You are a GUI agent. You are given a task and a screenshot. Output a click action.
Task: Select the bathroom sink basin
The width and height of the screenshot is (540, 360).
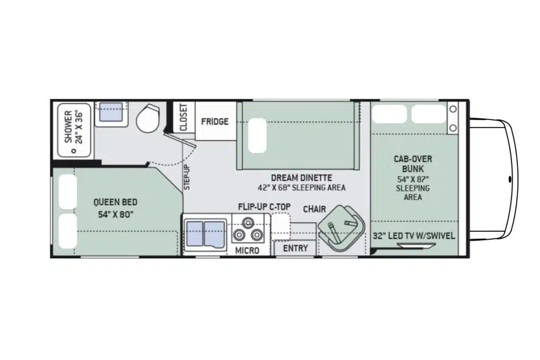pos(111,112)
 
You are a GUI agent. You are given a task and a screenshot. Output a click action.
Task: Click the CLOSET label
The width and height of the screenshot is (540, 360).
pos(184,118)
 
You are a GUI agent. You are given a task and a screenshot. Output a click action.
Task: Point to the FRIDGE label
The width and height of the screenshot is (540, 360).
pos(215,121)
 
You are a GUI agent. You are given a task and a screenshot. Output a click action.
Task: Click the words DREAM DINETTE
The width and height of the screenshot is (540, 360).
pos(301,178)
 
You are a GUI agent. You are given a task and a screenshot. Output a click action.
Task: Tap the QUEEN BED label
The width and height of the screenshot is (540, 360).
pos(115,202)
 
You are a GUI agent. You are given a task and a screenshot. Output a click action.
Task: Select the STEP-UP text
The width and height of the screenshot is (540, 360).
pos(187,177)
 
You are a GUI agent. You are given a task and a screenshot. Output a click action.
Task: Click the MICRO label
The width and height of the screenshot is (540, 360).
pos(247,250)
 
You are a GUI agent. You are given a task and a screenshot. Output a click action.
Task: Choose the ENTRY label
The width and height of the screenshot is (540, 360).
pos(295,248)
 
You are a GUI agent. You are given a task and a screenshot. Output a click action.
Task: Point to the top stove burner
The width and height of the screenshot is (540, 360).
pos(247,222)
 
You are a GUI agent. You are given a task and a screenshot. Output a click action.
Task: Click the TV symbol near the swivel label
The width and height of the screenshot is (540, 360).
pos(416,246)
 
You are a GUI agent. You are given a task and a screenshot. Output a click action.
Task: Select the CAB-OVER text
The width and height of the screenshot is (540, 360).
pos(412,159)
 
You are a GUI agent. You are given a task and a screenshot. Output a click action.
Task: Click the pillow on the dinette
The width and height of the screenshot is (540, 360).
pos(257,135)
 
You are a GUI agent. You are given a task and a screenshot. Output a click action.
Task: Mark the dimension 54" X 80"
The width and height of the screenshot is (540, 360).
pos(115,215)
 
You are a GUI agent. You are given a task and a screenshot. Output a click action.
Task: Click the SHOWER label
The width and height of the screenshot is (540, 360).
pos(68,127)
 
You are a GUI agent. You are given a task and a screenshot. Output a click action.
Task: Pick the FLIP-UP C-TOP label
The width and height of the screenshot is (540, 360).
pos(265,207)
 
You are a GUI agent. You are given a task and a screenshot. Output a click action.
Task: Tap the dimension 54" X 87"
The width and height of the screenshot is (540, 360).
pos(412,179)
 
